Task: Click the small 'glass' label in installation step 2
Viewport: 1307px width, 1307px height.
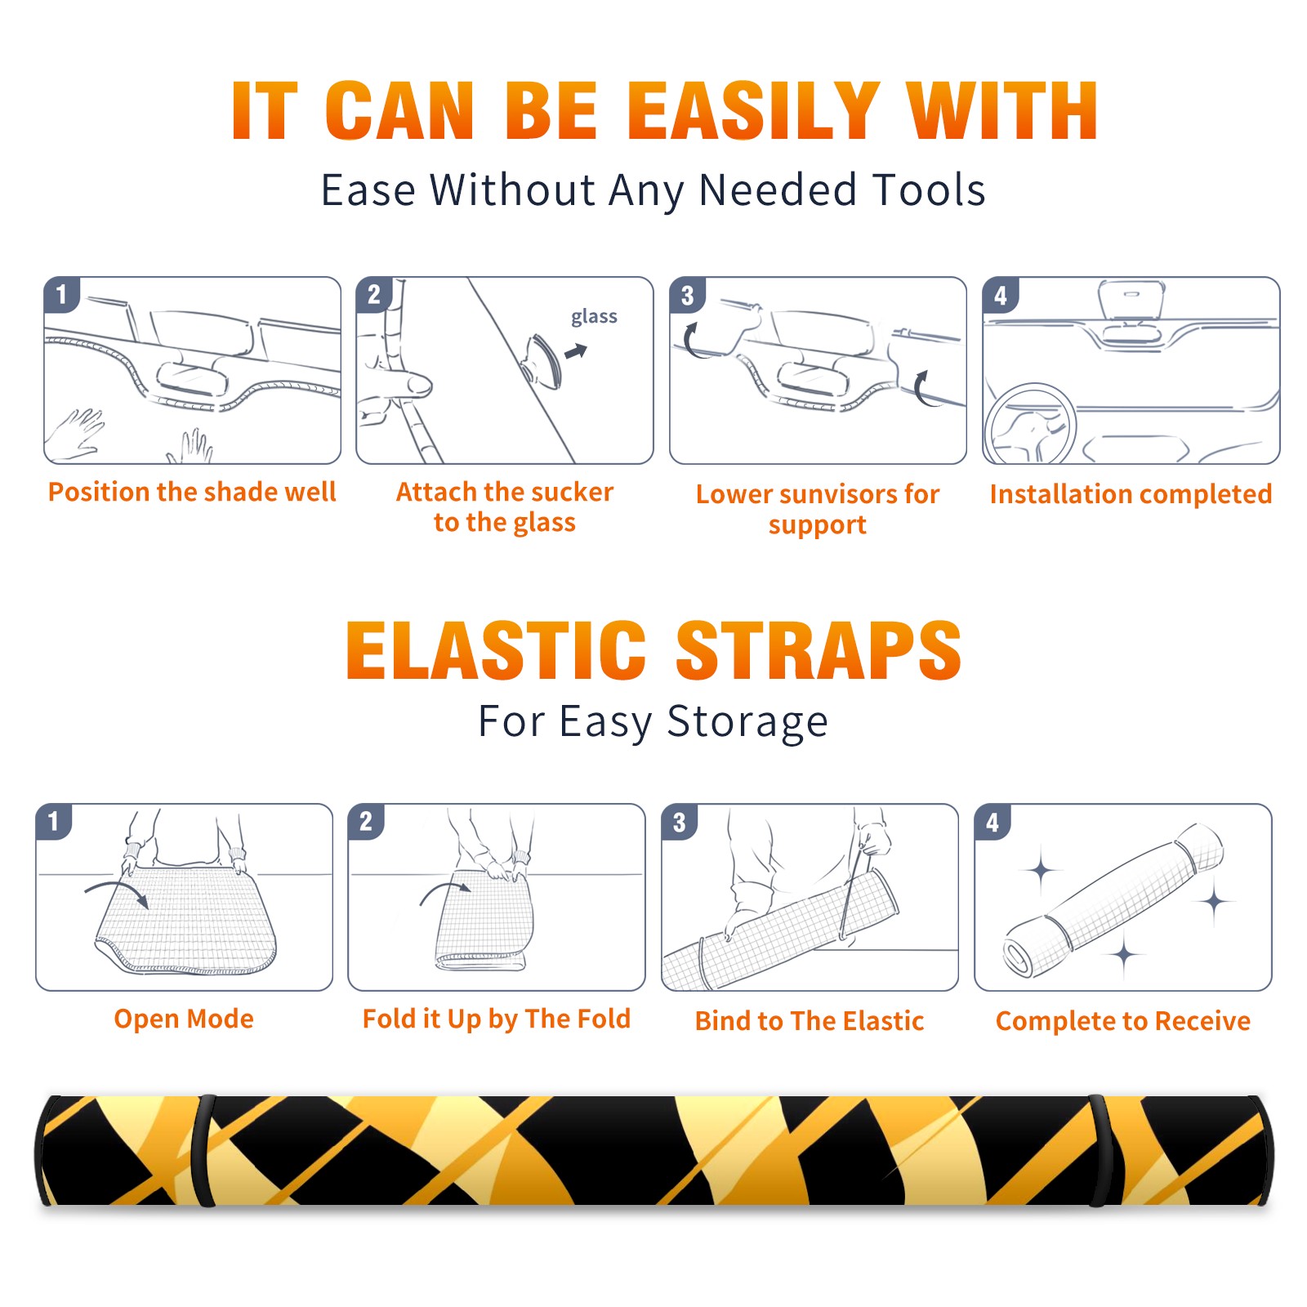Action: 594,317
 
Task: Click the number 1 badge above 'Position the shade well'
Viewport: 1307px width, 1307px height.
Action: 62,294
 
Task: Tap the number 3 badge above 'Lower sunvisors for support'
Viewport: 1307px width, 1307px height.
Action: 687,295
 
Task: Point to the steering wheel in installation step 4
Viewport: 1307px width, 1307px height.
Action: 1030,424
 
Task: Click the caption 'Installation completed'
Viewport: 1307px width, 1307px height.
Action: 1131,494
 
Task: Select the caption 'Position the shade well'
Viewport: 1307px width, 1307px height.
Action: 192,492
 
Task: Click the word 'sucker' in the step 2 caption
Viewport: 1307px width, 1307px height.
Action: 572,492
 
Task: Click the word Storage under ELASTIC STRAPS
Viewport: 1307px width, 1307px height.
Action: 747,722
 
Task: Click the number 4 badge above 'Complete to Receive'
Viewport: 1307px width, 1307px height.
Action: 993,822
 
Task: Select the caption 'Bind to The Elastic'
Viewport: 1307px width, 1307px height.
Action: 810,1021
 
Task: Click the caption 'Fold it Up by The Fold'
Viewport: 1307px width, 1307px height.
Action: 497,1019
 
